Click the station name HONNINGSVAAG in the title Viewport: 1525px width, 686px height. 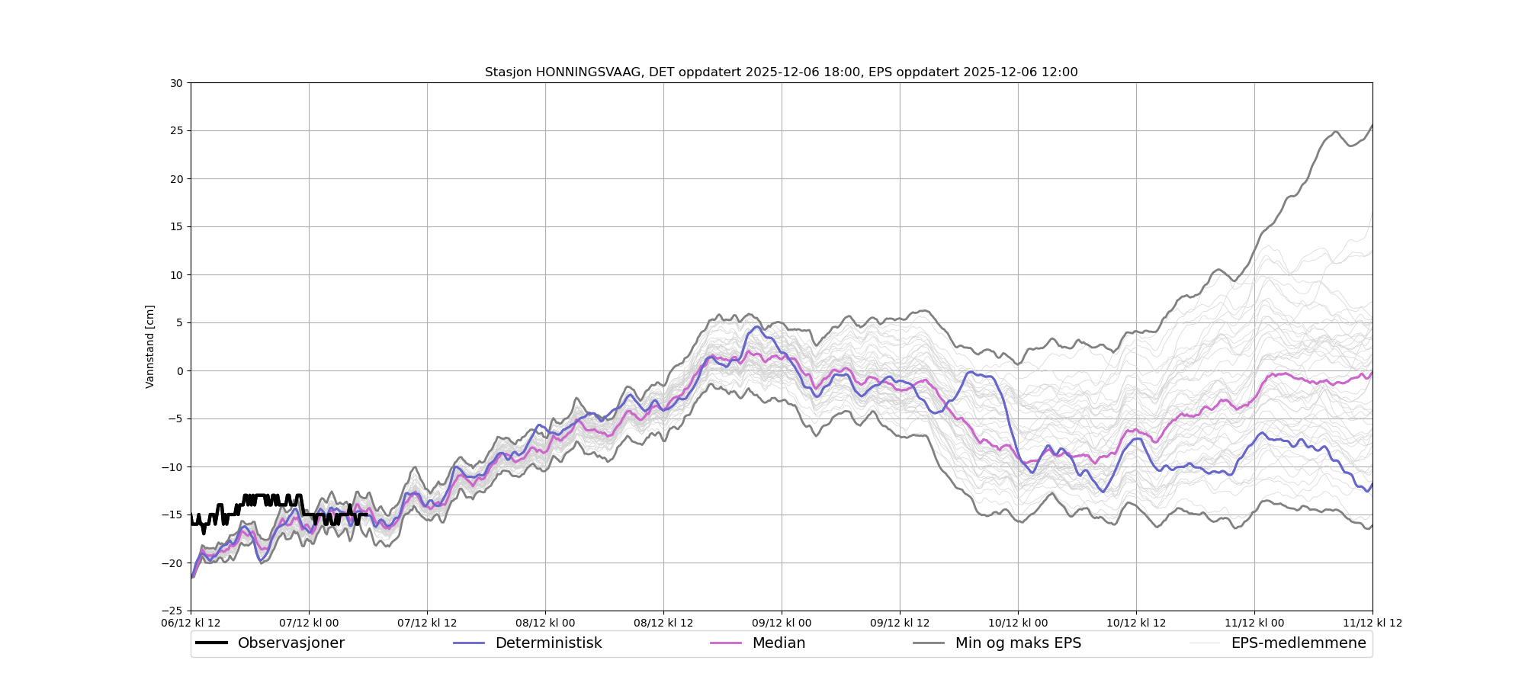(588, 72)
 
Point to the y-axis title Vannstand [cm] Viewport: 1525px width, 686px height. (150, 347)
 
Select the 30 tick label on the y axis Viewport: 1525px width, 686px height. (176, 83)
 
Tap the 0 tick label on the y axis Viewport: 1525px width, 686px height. (180, 371)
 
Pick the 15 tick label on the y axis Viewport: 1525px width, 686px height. (176, 227)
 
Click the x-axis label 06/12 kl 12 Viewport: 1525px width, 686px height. (191, 623)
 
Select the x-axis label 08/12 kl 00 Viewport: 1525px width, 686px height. (545, 623)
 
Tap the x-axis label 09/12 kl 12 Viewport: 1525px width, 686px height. (900, 623)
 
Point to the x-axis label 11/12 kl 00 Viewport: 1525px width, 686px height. (1254, 623)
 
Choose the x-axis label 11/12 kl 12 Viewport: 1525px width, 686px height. (1372, 623)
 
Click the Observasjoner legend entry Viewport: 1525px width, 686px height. (291, 643)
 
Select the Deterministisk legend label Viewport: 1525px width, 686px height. (548, 643)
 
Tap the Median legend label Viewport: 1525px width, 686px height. (779, 643)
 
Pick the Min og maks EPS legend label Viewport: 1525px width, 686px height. (1018, 643)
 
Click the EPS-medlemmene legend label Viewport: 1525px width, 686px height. (1299, 643)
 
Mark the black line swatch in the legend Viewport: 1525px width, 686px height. (211, 643)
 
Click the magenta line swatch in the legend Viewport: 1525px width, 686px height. (726, 643)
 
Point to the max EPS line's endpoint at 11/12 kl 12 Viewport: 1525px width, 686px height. (1372, 126)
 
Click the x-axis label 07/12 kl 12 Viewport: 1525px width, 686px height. (427, 623)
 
